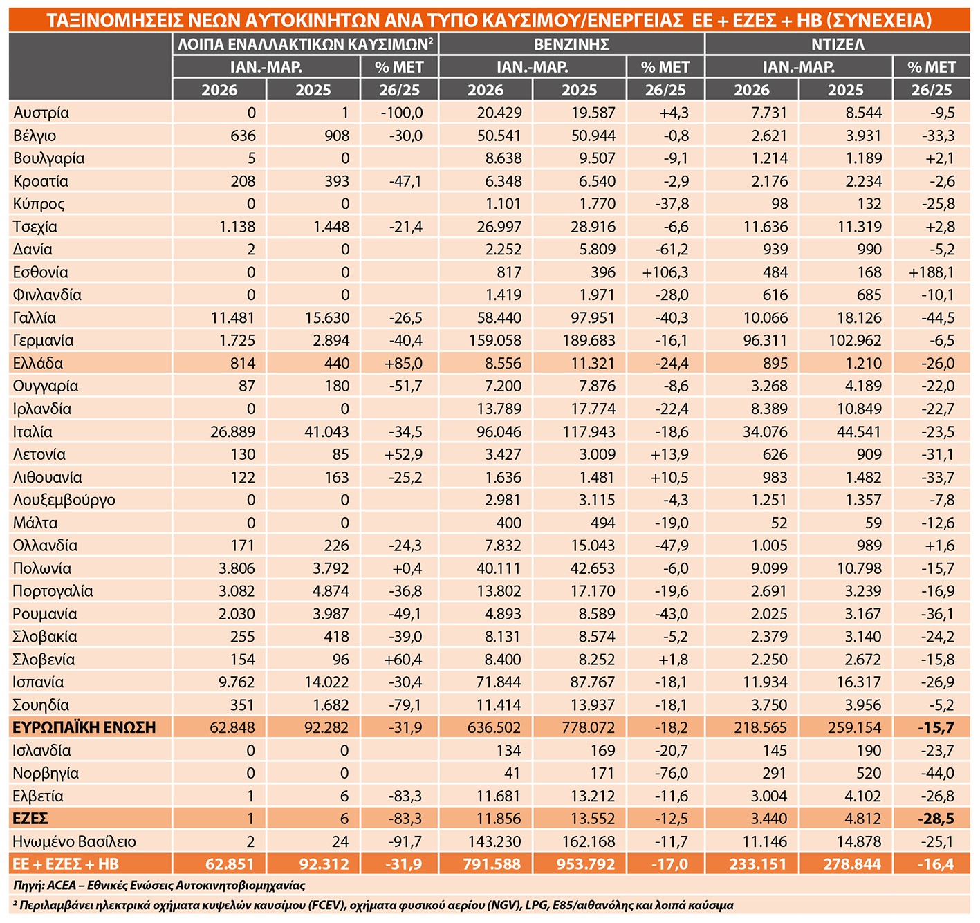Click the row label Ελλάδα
[38, 364]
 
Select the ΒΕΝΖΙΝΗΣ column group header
[571, 44]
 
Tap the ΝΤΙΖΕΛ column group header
[838, 44]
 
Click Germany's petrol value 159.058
[494, 341]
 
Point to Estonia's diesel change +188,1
[931, 272]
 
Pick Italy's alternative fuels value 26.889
[232, 432]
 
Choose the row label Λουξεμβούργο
[64, 501]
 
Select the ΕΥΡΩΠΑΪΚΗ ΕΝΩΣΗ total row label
[84, 727]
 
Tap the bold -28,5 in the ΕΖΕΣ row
[935, 819]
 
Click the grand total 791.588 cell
[492, 864]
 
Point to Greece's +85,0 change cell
[403, 364]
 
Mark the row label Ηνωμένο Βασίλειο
[75, 841]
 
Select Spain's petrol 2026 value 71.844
[498, 682]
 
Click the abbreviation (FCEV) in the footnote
[327, 905]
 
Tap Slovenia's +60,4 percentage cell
[403, 660]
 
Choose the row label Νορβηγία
[46, 773]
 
